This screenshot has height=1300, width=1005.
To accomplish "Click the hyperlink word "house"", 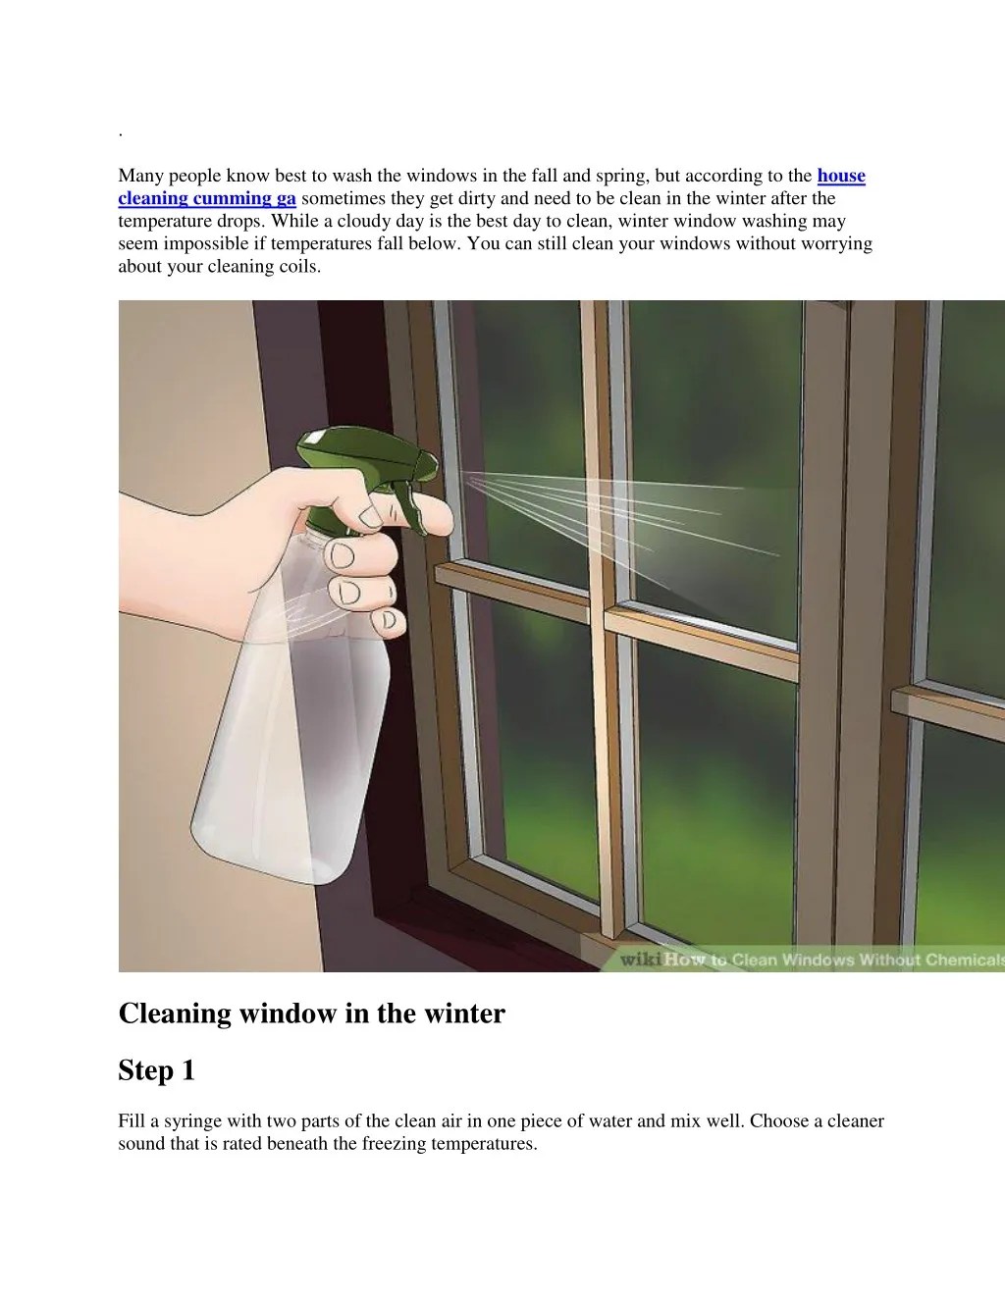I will pos(841,176).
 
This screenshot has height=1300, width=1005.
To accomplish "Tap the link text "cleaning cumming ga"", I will pos(207,198).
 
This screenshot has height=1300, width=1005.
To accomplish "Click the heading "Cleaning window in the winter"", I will pos(311,1013).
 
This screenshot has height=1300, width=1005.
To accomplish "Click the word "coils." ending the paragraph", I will pos(299,266).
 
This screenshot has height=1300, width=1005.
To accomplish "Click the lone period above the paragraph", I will pos(120,133).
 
